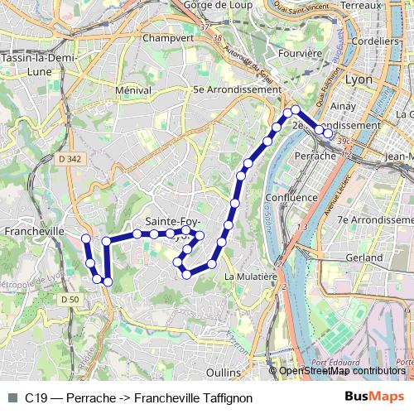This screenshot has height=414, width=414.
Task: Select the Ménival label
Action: point(133,89)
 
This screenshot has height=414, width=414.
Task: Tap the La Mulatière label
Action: point(249,277)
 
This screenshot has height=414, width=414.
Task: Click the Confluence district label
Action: point(291,198)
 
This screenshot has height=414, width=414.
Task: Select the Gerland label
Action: point(364,258)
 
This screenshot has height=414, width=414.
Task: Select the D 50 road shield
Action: point(70,299)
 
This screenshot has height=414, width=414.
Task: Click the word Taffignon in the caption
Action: point(225,398)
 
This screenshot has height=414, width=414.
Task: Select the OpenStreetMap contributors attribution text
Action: point(342,371)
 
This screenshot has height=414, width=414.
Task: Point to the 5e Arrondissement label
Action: point(236,89)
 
